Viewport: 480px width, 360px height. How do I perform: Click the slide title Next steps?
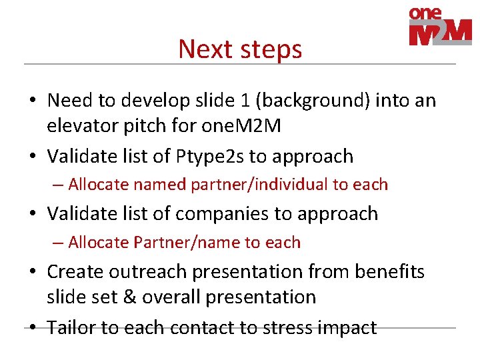tap(240, 49)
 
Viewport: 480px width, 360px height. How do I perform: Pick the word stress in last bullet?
tap(286, 328)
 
